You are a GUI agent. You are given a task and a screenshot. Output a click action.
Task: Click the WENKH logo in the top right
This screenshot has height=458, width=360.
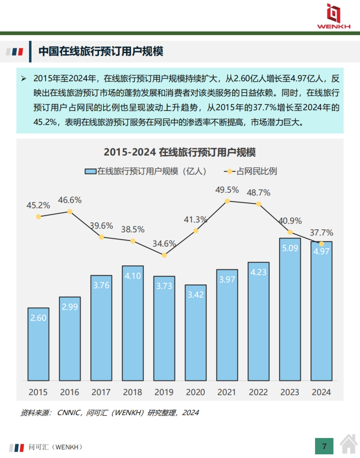point(334,16)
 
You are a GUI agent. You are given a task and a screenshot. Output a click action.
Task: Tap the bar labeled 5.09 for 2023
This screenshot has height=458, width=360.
point(290,309)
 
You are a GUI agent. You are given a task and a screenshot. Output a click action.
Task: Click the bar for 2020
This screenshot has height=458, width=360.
point(196,333)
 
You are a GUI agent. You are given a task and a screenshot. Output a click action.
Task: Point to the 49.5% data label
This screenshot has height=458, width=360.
point(227,190)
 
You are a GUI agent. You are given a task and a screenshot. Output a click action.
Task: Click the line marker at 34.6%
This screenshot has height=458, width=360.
point(164,255)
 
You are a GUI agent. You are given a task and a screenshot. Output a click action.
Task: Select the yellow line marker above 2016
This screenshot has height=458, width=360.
point(70,212)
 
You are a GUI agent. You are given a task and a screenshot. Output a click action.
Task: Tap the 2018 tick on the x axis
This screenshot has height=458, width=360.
point(132,392)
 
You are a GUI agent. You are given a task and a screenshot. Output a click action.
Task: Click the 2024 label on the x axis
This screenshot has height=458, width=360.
point(321,392)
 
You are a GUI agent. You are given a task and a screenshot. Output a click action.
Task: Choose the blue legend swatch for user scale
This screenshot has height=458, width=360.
point(90,171)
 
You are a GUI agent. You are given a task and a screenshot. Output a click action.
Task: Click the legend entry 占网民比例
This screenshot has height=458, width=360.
point(256,171)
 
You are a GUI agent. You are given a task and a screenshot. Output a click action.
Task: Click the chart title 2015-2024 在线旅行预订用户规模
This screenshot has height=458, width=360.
point(180,152)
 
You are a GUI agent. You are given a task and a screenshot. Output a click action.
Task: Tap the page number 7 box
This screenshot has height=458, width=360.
point(324,446)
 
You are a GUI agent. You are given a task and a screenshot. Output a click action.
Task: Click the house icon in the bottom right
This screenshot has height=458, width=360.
point(349,444)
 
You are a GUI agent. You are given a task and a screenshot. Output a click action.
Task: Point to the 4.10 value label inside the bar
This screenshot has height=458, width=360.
point(133,276)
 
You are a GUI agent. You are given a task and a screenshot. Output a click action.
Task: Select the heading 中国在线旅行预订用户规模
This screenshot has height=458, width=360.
point(101,51)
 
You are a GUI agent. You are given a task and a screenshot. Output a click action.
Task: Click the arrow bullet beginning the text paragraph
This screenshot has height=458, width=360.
point(24,79)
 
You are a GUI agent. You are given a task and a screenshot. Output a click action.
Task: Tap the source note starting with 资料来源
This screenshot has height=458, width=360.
point(109,413)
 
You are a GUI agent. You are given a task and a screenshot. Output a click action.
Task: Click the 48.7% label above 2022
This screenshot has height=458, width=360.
point(258,193)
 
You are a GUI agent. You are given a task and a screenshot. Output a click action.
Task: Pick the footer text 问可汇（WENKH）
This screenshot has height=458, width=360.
point(55,447)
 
